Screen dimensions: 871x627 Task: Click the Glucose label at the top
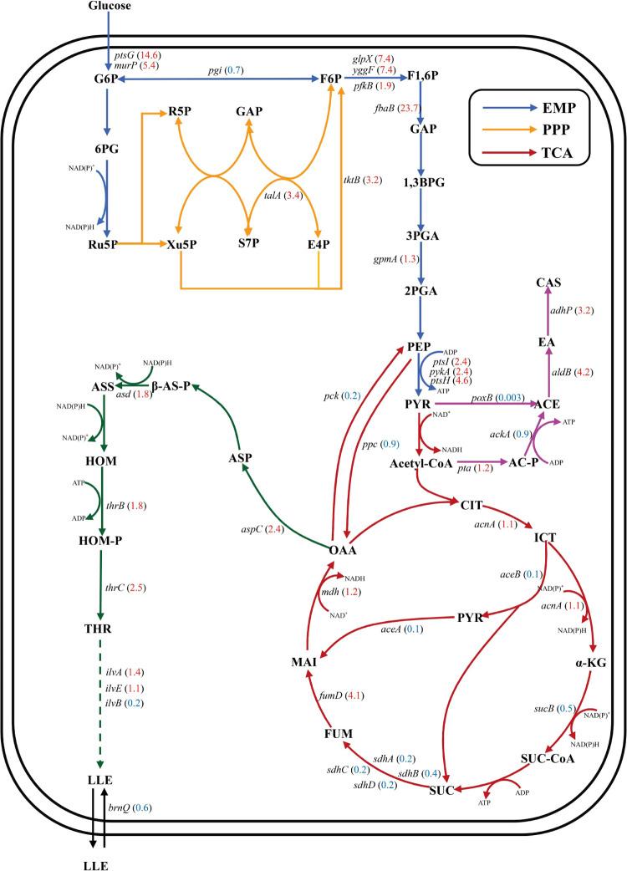tap(110, 7)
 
